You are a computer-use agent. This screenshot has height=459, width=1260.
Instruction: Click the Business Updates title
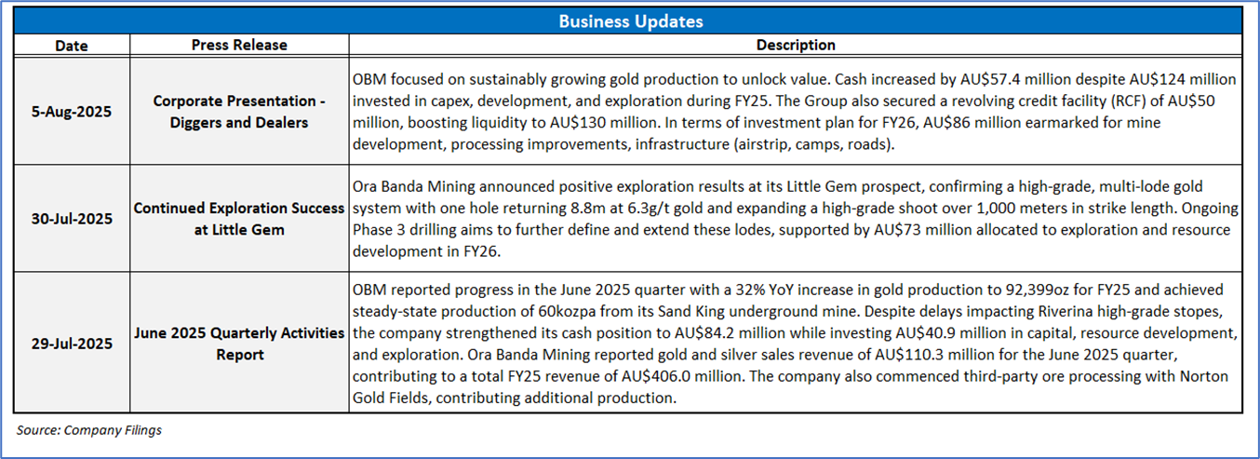[630, 21]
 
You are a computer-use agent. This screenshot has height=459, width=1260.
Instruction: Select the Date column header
[71, 45]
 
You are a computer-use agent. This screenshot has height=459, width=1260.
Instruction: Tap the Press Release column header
[239, 45]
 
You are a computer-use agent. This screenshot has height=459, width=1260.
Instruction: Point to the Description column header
[796, 45]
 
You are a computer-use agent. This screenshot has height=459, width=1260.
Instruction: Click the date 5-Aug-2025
[71, 111]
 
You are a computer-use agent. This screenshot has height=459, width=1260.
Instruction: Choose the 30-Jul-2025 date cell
[71, 218]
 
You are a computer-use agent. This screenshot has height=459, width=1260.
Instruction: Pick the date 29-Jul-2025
[71, 344]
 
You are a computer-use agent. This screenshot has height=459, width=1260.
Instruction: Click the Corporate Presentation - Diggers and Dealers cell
[239, 111]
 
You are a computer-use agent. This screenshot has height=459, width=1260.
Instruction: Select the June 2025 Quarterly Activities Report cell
[239, 344]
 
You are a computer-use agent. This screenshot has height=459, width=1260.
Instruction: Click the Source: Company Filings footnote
[89, 430]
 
